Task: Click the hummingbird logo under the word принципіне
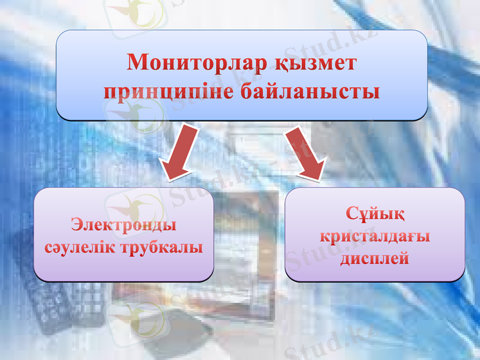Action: [135, 114]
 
